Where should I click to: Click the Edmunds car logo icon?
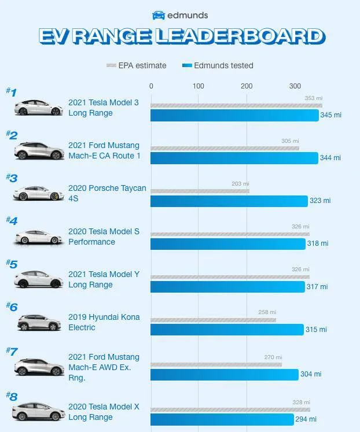(x=159, y=15)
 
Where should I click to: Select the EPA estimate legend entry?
(x=137, y=65)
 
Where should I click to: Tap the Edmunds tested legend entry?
(x=218, y=65)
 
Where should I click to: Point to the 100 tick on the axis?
(x=198, y=86)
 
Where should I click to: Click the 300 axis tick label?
(x=295, y=86)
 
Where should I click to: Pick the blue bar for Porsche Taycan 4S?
(x=229, y=201)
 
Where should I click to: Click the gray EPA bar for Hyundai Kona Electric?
(x=213, y=320)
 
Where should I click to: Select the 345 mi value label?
(x=330, y=115)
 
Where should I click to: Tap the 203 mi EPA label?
(x=240, y=183)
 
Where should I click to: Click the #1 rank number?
(x=12, y=92)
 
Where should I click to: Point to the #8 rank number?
(x=12, y=397)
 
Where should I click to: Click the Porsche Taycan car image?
(x=39, y=193)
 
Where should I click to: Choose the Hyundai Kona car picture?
(x=39, y=322)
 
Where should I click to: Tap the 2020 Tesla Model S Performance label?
(x=104, y=237)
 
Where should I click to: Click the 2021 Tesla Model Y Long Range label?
(x=104, y=279)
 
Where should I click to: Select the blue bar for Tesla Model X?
(x=222, y=419)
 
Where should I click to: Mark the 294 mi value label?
(x=306, y=419)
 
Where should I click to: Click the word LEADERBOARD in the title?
(x=241, y=36)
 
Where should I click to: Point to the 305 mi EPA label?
(x=290, y=141)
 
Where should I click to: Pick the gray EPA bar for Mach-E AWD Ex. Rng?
(x=216, y=365)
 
